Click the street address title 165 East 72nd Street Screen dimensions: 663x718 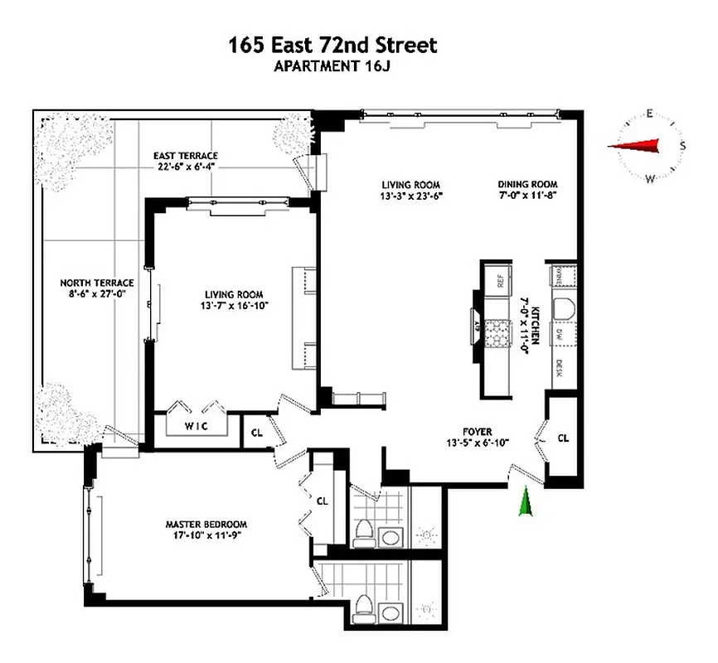coord(332,45)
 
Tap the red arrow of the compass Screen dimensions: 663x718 coord(635,147)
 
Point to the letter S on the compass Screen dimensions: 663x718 coord(682,146)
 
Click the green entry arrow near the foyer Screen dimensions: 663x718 coord(524,502)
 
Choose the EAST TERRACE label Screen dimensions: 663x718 coord(186,155)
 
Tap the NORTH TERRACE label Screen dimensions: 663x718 coord(91,282)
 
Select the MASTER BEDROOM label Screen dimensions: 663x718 coord(206,525)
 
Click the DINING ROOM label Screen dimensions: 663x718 coord(527,185)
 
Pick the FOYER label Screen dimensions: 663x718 coord(478,432)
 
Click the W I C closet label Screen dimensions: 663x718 coord(196,427)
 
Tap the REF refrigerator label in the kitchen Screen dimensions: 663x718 coord(501,281)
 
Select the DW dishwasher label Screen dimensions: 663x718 coord(560,334)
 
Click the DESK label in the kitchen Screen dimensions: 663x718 coord(560,368)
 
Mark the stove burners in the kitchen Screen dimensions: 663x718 coord(500,332)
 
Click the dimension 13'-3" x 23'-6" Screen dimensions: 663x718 coord(410,196)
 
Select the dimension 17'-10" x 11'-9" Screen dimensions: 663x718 coord(206,535)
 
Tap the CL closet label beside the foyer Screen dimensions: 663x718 coord(564,438)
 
